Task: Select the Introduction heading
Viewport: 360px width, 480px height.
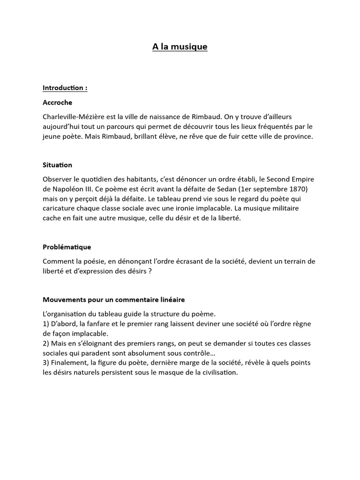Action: click(x=65, y=88)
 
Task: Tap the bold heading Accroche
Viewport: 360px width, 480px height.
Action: click(x=57, y=102)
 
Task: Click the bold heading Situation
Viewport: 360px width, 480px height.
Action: click(x=57, y=165)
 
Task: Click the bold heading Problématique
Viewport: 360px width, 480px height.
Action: click(x=67, y=247)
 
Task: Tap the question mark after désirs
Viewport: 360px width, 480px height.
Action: click(x=150, y=270)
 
